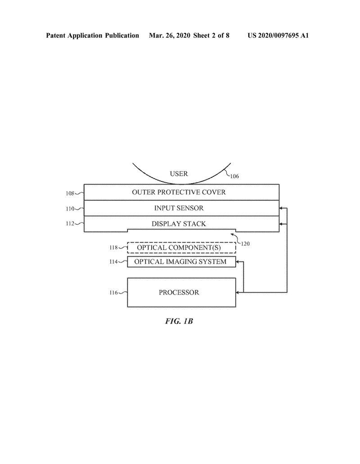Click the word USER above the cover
[x=179, y=174]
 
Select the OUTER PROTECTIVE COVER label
[x=179, y=192]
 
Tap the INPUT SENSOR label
[x=179, y=208]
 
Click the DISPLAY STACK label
[x=179, y=224]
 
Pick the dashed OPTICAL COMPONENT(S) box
[x=181, y=248]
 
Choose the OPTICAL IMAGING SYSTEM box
[x=181, y=261]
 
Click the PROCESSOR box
[x=181, y=293]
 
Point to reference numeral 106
[x=234, y=176]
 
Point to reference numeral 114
[x=115, y=261]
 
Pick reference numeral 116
[x=115, y=293]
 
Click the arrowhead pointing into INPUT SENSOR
[x=282, y=208]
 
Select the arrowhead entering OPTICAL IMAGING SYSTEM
[x=238, y=261]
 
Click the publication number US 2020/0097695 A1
[x=278, y=36]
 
